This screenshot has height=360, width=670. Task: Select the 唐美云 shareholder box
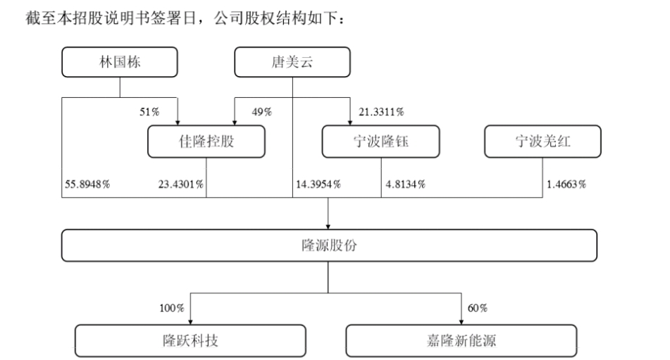292,63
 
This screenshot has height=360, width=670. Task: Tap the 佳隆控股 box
206,142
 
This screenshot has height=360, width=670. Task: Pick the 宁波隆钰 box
381,142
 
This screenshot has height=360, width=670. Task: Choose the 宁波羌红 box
542,142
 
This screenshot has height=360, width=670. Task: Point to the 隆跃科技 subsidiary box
190,340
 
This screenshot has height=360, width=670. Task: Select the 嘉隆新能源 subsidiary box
461,340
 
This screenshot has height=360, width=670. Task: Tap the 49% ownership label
262,111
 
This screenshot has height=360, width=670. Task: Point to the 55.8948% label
86,185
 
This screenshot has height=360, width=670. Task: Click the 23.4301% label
180,185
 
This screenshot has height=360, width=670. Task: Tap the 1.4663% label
566,185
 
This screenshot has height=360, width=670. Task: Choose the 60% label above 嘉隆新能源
477,308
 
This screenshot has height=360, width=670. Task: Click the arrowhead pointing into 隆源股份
328,225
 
